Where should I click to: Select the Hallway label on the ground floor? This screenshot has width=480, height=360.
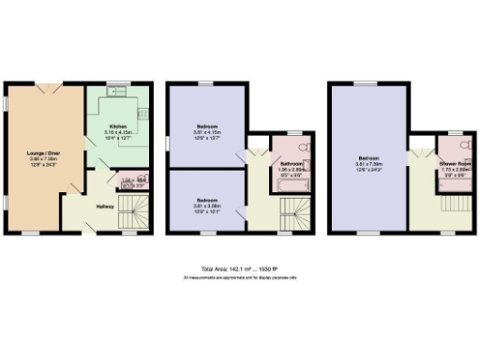point(105,208)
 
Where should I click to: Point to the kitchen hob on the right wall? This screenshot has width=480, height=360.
point(143,112)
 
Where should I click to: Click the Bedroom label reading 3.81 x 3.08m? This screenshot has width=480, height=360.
point(208,204)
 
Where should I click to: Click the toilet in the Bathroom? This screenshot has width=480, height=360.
point(302,147)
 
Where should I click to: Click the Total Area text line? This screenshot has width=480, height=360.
point(239,270)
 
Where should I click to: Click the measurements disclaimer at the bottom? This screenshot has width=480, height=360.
point(239,278)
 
